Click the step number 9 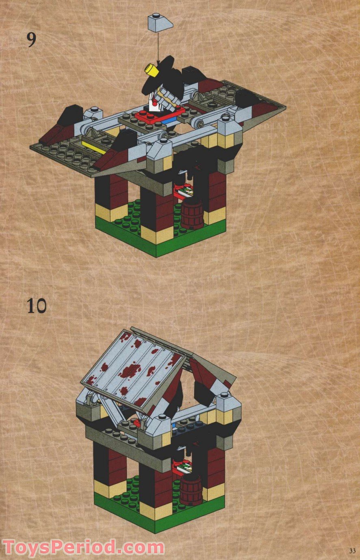click(x=31, y=39)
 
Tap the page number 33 click(x=351, y=550)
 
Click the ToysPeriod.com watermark click(x=83, y=547)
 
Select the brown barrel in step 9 click(x=192, y=214)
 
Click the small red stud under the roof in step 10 click(x=138, y=423)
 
